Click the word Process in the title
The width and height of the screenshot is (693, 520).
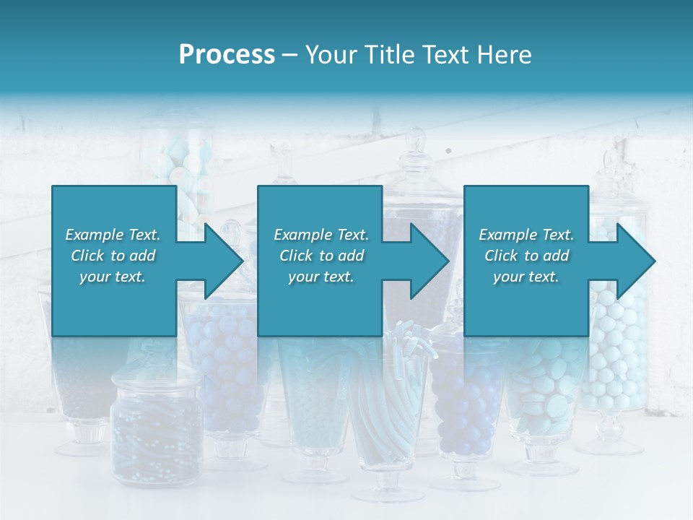227,55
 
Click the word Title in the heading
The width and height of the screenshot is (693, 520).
388,55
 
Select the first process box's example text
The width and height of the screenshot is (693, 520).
113,256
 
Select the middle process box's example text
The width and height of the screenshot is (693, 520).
321,256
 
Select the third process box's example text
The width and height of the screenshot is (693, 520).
526,256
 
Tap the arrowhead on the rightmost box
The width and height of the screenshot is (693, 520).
635,261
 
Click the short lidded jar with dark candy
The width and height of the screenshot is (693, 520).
156,426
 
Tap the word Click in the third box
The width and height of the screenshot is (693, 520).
501,256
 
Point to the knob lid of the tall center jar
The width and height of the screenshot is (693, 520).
416,141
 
